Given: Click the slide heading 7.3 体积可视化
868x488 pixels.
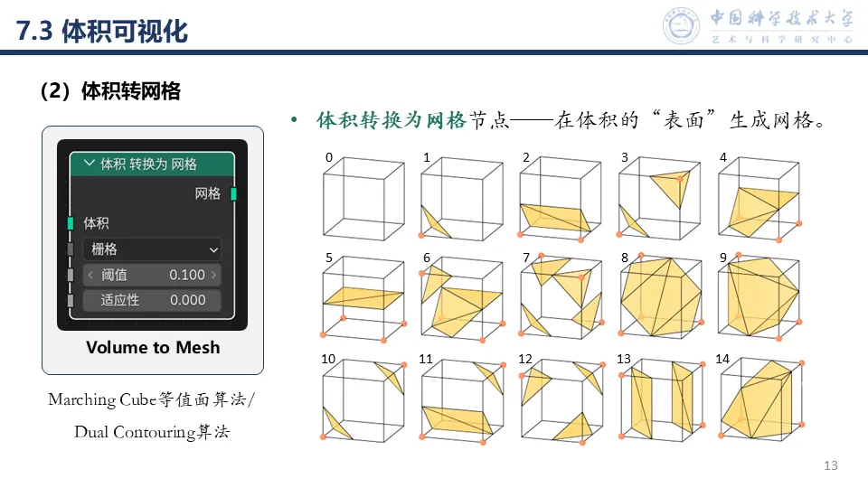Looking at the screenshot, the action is [102, 31].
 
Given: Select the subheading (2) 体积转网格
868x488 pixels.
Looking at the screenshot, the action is [110, 90].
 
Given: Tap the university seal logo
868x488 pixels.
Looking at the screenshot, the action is [681, 25].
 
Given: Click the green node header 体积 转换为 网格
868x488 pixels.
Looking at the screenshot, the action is [152, 164].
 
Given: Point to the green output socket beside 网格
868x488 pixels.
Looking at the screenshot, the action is [233, 193].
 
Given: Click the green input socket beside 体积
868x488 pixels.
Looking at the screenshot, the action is [71, 223].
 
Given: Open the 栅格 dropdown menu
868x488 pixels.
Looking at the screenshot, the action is [152, 249].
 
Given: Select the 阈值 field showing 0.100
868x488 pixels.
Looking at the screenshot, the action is [152, 275].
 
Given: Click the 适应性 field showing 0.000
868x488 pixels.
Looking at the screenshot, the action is [152, 300].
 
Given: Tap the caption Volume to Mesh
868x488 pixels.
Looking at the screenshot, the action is [153, 347].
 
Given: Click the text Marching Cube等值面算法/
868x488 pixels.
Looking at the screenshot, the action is [151, 399].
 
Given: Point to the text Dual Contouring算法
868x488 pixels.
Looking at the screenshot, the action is [152, 432].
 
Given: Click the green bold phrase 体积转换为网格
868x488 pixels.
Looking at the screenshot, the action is [392, 120].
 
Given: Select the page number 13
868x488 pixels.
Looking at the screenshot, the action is [830, 465].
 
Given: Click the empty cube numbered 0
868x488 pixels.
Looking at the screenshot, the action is [363, 198].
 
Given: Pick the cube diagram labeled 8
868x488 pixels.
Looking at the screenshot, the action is [661, 296].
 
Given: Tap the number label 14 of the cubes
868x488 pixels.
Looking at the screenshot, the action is [722, 359].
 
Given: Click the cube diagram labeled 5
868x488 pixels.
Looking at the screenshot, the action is [363, 297].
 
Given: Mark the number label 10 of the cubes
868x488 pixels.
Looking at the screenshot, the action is [328, 359].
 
